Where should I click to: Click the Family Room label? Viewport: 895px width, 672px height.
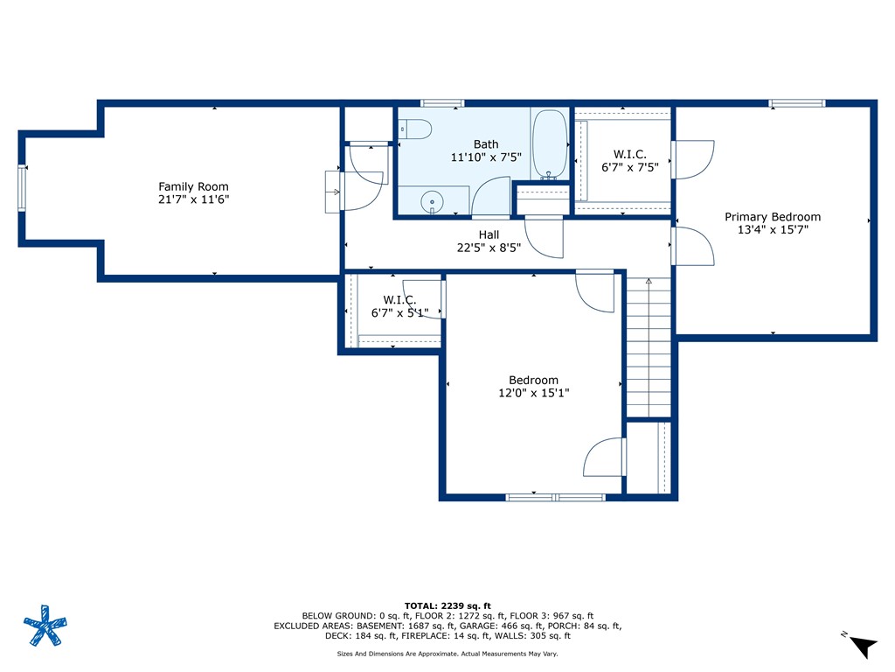(193, 186)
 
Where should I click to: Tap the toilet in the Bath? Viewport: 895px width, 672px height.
(416, 129)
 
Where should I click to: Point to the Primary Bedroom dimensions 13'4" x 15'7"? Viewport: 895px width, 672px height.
(773, 231)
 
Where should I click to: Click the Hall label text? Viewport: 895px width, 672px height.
(489, 234)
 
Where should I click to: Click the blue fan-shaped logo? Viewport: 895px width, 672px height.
(45, 626)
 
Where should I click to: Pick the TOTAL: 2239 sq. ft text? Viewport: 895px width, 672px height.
(447, 605)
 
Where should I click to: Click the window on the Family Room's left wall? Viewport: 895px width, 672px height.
(23, 188)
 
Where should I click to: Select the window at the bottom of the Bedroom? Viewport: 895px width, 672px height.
(555, 497)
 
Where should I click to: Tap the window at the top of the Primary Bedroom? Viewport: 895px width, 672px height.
(796, 103)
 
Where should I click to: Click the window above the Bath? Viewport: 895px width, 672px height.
(441, 103)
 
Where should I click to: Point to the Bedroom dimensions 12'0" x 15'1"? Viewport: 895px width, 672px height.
(533, 393)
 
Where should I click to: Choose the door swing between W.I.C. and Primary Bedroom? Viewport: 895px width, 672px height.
(693, 160)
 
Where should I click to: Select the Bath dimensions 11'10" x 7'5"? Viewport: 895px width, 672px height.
(486, 157)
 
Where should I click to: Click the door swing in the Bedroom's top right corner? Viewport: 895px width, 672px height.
(596, 291)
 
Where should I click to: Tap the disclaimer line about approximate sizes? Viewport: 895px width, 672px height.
(447, 654)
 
